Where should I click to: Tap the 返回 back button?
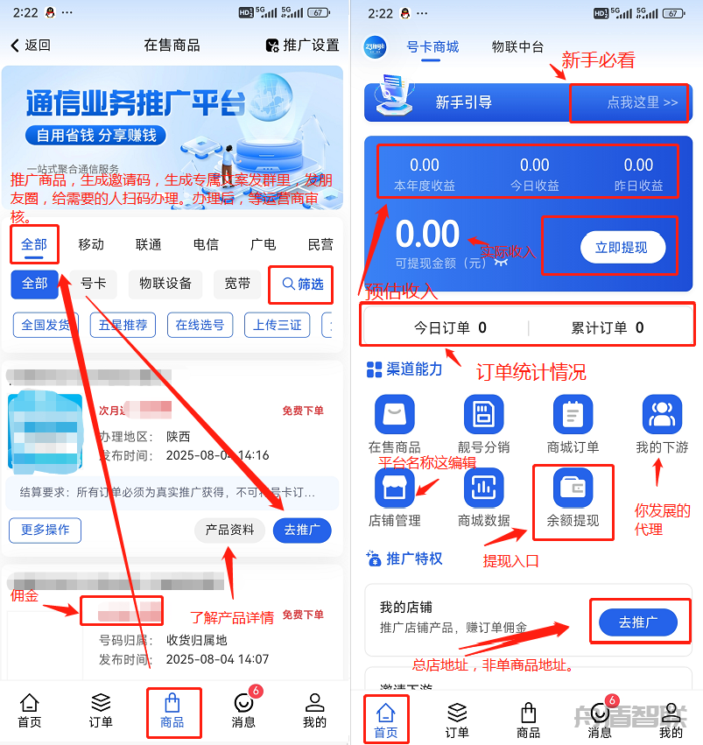31,46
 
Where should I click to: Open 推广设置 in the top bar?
302,46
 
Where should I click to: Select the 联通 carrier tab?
148,244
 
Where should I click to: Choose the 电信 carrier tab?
206,244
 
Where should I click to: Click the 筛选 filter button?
302,284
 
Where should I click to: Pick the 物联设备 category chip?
165,284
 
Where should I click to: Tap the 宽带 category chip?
237,284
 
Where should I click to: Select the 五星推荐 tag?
123,325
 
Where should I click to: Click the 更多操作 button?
45,530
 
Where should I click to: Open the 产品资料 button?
229,530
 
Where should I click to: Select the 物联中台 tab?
517,47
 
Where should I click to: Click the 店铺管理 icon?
394,488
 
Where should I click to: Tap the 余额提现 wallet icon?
573,488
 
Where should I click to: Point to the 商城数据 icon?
483,488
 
